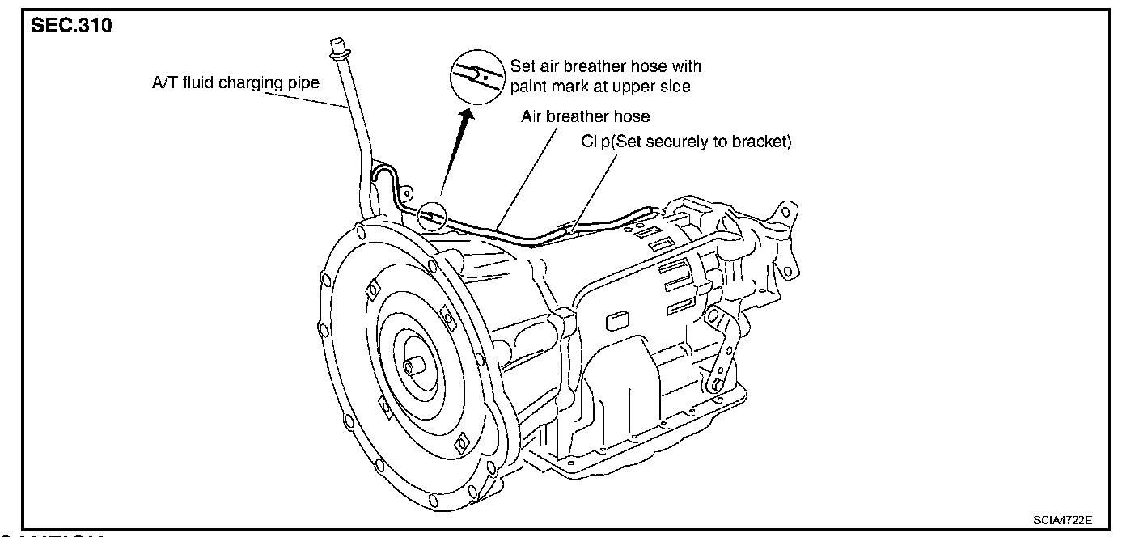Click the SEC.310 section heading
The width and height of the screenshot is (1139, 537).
click(x=71, y=25)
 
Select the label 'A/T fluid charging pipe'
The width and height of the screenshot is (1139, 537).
click(x=235, y=82)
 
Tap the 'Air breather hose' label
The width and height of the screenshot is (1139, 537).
click(x=585, y=116)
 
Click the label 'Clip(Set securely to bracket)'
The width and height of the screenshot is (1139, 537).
click(x=686, y=142)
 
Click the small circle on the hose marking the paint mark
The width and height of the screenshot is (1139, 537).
click(x=432, y=214)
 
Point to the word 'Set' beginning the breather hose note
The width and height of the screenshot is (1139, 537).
click(x=522, y=66)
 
